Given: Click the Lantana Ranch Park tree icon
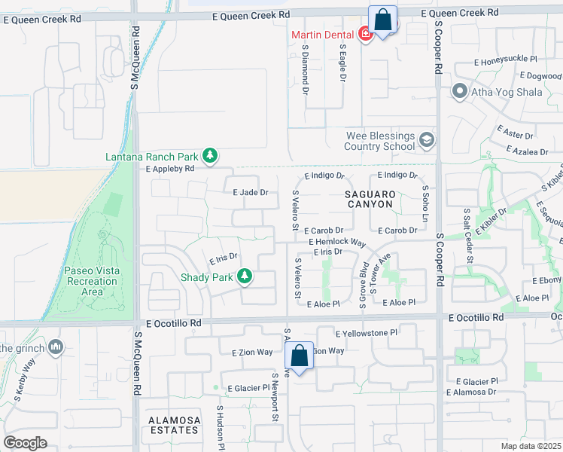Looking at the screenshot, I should coord(210,156).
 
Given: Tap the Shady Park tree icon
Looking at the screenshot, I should coord(244,277).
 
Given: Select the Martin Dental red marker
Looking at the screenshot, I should coord(365,34).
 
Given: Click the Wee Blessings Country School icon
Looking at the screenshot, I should coord(427,141).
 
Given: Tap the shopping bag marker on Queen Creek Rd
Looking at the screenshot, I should coord(382,20).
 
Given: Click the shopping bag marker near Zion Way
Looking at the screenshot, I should coord(300,356).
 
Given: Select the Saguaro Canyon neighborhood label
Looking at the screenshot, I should coord(370,198).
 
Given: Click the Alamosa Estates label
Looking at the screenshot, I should coord(174,425).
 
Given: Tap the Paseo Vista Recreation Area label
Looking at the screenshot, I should coord(92,281).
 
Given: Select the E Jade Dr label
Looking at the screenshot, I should coord(251,192).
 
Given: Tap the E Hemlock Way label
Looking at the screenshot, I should coord(336,243).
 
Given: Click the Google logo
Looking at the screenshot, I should coord(26,443).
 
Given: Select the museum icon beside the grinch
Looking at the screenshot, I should coord(55,347).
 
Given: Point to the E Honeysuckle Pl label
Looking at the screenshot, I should coord(506,59).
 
